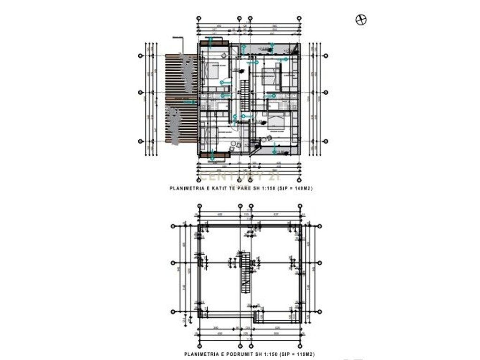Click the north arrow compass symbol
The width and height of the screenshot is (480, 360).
361,19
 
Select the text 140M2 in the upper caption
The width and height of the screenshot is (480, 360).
301,188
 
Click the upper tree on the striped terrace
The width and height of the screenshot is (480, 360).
187,73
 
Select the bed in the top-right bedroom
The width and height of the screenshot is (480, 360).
268,75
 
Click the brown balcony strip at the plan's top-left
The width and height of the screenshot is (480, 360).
214,43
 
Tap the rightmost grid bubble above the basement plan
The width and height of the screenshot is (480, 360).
299,206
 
